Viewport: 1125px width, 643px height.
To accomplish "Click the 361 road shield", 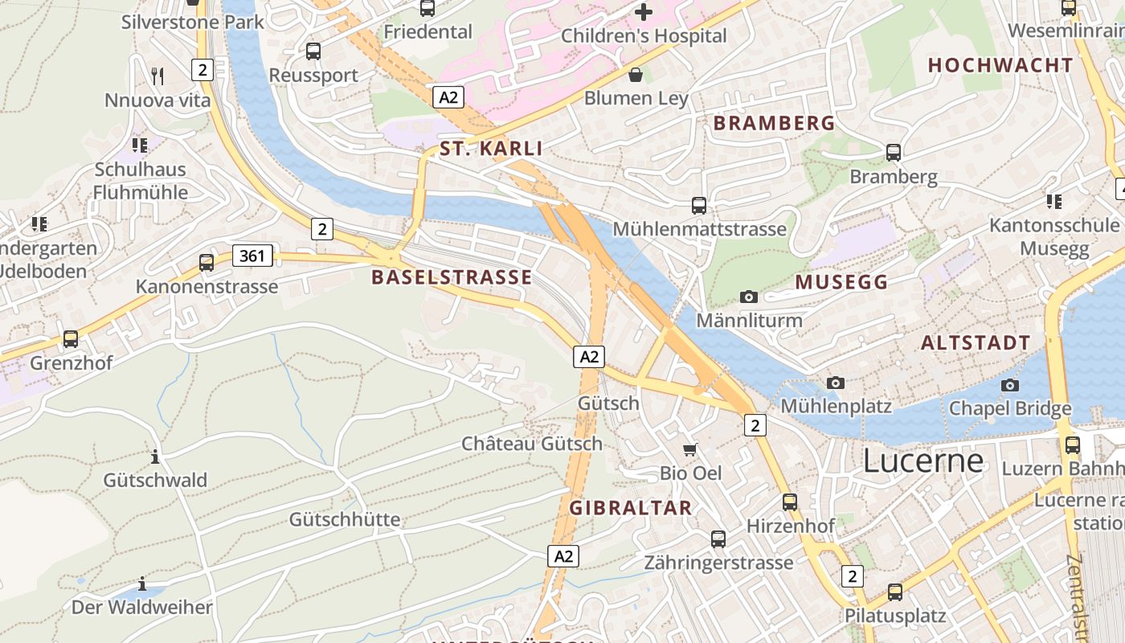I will click(x=252, y=256).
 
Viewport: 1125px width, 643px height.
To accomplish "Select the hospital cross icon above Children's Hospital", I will click(x=644, y=12).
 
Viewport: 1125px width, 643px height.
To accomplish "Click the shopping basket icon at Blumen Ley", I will click(x=636, y=75).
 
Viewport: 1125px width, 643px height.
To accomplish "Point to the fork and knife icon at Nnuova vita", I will click(x=157, y=76).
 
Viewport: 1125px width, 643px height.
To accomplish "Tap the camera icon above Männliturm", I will click(x=749, y=297).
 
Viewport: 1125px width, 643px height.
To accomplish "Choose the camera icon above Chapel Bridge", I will click(x=1010, y=385).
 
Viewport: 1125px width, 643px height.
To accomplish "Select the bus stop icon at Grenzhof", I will click(x=71, y=339).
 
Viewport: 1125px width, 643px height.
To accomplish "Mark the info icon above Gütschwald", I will click(x=155, y=457).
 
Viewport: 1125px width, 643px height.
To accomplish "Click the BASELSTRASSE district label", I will click(x=452, y=278).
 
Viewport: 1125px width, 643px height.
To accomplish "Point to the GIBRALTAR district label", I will click(x=631, y=508).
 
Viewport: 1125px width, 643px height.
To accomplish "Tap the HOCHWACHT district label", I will click(x=1000, y=66).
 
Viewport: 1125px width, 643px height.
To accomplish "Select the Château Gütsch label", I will click(x=531, y=444).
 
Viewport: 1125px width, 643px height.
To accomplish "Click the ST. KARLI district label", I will click(x=491, y=149).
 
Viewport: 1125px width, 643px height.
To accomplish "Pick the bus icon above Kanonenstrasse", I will click(x=207, y=262).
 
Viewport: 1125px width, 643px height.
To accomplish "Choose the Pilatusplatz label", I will click(x=895, y=616).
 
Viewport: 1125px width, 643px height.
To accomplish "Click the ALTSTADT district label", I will click(x=976, y=343).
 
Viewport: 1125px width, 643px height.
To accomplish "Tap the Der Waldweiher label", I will click(x=142, y=608).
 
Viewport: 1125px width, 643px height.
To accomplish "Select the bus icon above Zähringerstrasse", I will click(x=718, y=539).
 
